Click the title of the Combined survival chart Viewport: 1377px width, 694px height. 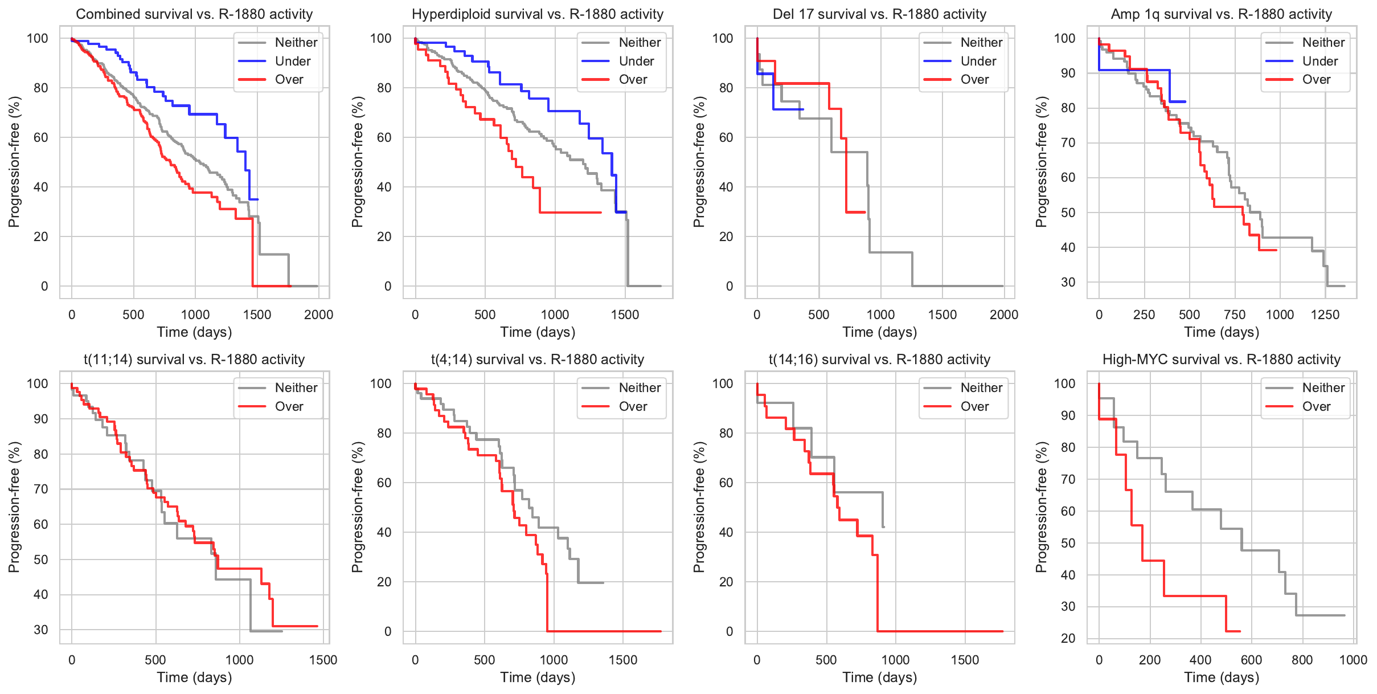194,14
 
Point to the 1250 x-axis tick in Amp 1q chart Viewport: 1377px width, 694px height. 1325,315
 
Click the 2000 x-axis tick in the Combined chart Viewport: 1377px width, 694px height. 318,315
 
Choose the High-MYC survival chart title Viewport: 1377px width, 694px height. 1221,360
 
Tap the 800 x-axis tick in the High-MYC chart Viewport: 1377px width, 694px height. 1302,660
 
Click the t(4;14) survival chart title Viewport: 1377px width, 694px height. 537,360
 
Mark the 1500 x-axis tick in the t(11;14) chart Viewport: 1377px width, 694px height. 323,660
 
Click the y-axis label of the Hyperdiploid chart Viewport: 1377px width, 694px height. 357,162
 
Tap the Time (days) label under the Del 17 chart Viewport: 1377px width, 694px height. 879,332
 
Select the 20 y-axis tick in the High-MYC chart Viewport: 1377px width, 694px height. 1068,638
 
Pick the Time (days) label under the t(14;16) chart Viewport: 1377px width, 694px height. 879,677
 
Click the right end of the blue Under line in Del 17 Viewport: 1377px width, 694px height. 803,109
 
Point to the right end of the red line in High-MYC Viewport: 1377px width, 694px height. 1240,631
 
